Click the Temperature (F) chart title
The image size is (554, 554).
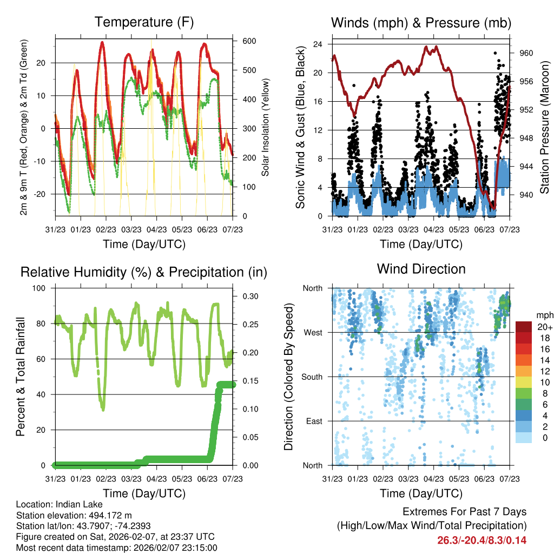[x=144, y=22]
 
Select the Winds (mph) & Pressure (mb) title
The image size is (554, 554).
[x=421, y=23]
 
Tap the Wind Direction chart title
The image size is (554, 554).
[x=421, y=269]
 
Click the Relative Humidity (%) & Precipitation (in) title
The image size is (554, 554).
[x=144, y=272]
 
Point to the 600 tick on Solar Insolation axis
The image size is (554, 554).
[x=249, y=41]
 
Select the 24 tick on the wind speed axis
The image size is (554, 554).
[x=318, y=44]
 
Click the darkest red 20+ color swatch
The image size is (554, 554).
[x=524, y=327]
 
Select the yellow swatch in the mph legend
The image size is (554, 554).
[x=524, y=381]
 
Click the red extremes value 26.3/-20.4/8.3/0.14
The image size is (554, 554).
[x=482, y=540]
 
